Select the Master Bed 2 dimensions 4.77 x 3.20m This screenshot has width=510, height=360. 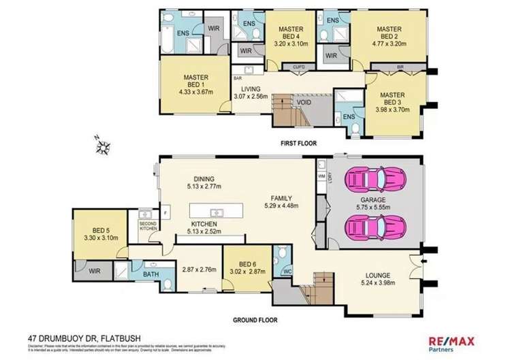(390, 43)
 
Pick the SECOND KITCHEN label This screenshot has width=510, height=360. (148, 225)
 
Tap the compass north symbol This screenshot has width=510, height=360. (104, 144)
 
